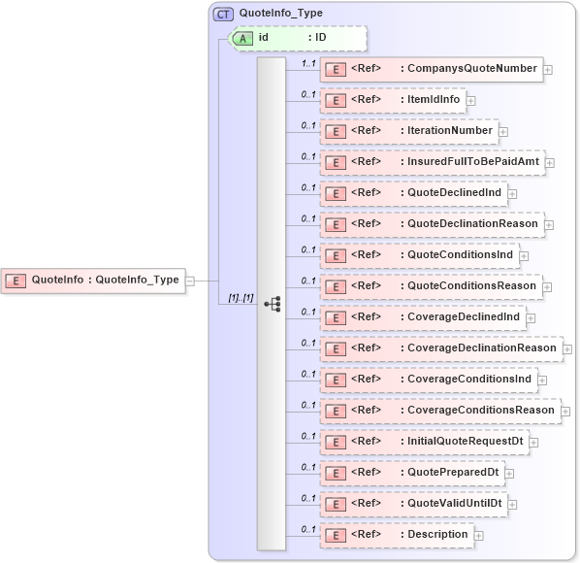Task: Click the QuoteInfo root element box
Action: click(93, 280)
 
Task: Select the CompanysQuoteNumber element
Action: click(430, 69)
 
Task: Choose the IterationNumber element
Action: click(408, 131)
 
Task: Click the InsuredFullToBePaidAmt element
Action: click(432, 162)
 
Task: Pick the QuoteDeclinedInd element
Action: click(414, 193)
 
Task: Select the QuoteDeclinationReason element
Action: click(432, 224)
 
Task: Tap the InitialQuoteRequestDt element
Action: click(425, 442)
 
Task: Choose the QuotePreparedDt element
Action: click(412, 473)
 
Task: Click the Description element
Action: click(396, 535)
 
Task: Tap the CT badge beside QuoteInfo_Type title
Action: click(224, 14)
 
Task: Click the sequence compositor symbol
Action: click(272, 304)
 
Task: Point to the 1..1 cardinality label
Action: click(308, 63)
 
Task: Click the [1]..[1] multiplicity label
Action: click(241, 298)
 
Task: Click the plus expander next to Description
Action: click(478, 535)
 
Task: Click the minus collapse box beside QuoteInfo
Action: click(190, 280)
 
